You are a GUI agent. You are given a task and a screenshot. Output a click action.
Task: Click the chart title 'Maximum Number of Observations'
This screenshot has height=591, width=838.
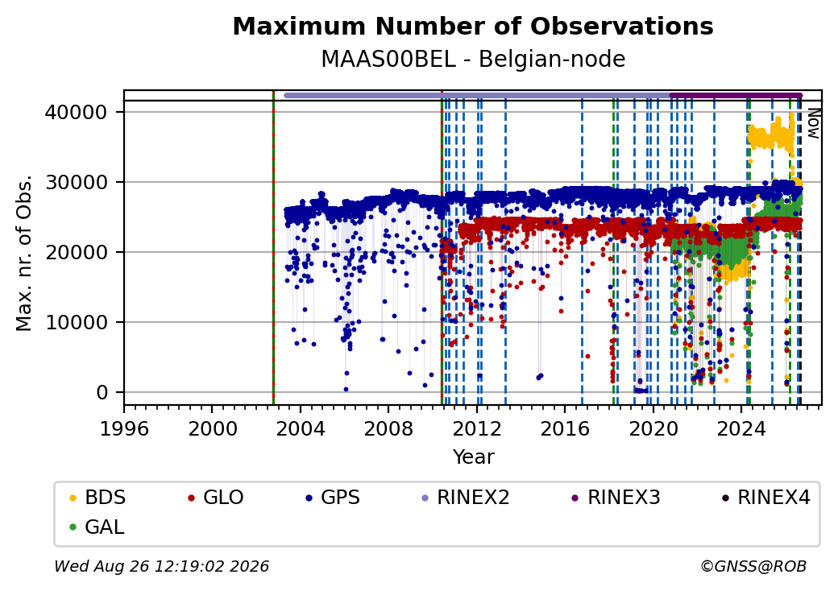point(473,26)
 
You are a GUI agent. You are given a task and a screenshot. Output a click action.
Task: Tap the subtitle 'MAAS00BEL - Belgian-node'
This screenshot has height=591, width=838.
point(473,60)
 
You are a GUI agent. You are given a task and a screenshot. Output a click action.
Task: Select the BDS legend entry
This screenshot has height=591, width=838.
point(97,498)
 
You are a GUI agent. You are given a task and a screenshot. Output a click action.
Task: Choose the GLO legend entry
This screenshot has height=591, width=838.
point(216,498)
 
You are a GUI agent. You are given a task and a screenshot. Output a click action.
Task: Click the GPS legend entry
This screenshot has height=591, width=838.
point(333,498)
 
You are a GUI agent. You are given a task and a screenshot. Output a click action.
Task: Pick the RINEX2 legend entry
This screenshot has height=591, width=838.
point(466,498)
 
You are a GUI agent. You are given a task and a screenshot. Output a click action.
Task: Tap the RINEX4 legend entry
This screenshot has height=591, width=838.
point(766,498)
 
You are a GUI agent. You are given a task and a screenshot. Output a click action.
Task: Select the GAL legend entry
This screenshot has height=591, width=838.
point(97,527)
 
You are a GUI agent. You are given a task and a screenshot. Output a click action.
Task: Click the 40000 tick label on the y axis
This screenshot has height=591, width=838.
point(77,112)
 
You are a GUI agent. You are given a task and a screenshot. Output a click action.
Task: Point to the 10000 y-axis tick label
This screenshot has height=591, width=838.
point(77,322)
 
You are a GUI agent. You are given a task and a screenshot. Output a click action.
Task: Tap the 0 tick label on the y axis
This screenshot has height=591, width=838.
point(102,393)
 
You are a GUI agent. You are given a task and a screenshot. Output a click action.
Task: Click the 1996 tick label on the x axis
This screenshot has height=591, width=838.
point(125,428)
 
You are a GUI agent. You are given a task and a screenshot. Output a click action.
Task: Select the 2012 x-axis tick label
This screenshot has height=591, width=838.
point(477,428)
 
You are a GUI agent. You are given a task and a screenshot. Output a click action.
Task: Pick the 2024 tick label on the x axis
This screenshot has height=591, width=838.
point(741,428)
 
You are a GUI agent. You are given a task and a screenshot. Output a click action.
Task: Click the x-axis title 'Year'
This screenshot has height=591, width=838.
point(474,457)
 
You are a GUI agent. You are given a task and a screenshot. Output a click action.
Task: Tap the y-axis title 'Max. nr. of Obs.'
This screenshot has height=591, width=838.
point(24,253)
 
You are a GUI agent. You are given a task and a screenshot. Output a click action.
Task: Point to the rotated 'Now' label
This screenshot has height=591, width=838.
point(813,123)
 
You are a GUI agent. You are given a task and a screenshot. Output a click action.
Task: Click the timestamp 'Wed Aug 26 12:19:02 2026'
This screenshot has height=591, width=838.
point(162,566)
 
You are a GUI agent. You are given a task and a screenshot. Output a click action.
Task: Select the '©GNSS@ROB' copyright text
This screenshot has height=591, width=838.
point(753,566)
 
